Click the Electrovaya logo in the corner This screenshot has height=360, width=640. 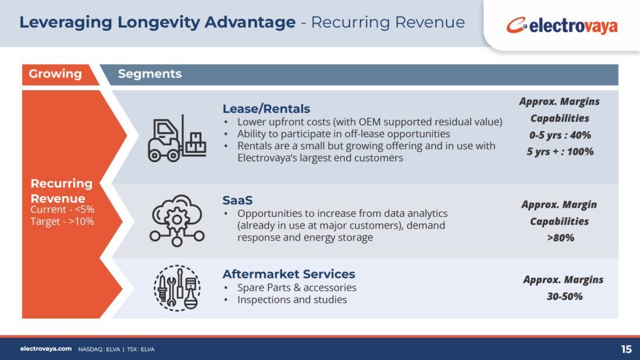pyautogui.click(x=561, y=26)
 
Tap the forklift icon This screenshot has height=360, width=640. pyautogui.click(x=177, y=138)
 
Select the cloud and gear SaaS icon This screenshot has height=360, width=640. pyautogui.click(x=177, y=220)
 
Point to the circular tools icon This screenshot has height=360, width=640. pyautogui.click(x=177, y=288)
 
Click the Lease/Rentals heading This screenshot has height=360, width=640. pyautogui.click(x=266, y=109)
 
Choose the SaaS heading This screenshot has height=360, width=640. pyautogui.click(x=237, y=201)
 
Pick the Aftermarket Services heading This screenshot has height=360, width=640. pyautogui.click(x=289, y=274)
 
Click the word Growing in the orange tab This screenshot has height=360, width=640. pyautogui.click(x=55, y=74)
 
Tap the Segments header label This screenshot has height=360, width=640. pyautogui.click(x=150, y=74)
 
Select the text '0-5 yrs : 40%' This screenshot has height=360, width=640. pyautogui.click(x=560, y=135)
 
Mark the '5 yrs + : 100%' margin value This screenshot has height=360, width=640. pyautogui.click(x=560, y=152)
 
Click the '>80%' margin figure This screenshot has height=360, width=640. pyautogui.click(x=560, y=237)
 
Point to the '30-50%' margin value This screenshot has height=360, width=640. pyautogui.click(x=564, y=297)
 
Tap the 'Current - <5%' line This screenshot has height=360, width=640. pyautogui.click(x=62, y=209)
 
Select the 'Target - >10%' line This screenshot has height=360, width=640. pyautogui.click(x=62, y=222)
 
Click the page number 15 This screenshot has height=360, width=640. pyautogui.click(x=626, y=350)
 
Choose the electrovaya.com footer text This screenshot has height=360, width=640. pyautogui.click(x=46, y=349)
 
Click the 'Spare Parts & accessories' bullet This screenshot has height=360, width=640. pyautogui.click(x=297, y=288)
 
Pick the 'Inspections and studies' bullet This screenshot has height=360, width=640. pyautogui.click(x=292, y=300)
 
